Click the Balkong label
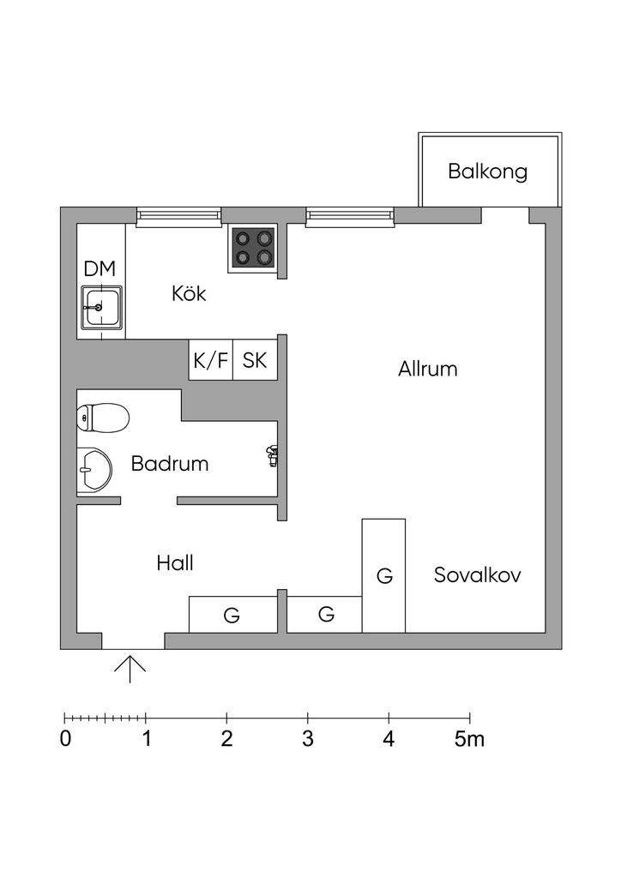click(488, 171)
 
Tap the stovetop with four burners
click(252, 249)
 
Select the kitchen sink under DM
click(101, 308)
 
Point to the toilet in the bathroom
click(103, 418)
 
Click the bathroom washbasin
click(94, 471)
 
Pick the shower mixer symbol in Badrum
click(272, 456)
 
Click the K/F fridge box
click(210, 360)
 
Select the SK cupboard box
click(255, 360)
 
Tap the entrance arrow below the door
click(130, 669)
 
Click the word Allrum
click(428, 369)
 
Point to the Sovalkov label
click(478, 575)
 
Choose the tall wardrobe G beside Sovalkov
click(383, 575)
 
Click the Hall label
click(175, 563)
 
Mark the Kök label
click(189, 293)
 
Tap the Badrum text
click(170, 464)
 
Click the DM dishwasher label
click(99, 268)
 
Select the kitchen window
click(178, 217)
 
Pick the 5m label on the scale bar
click(469, 739)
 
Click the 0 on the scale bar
click(65, 739)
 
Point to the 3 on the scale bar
click(307, 739)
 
